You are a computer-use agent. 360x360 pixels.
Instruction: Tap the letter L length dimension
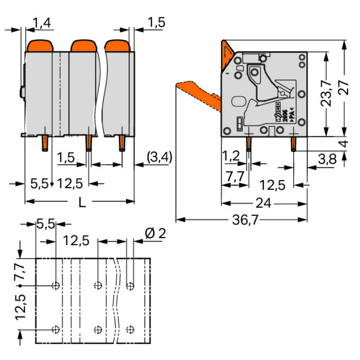click(x=82, y=203)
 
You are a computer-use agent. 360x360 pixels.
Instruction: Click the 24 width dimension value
click(x=264, y=204)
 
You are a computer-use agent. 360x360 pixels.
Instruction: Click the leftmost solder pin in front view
click(x=45, y=143)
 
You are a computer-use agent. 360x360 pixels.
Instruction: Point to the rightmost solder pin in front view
click(x=121, y=143)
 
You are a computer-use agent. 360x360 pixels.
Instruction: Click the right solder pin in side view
click(x=293, y=144)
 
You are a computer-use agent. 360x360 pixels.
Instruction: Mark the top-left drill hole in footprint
click(x=56, y=286)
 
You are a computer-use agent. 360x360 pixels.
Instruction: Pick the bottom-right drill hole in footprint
click(x=130, y=329)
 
